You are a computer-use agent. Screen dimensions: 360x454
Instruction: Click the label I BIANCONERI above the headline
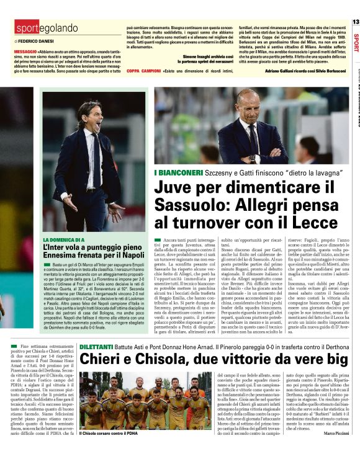177,171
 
